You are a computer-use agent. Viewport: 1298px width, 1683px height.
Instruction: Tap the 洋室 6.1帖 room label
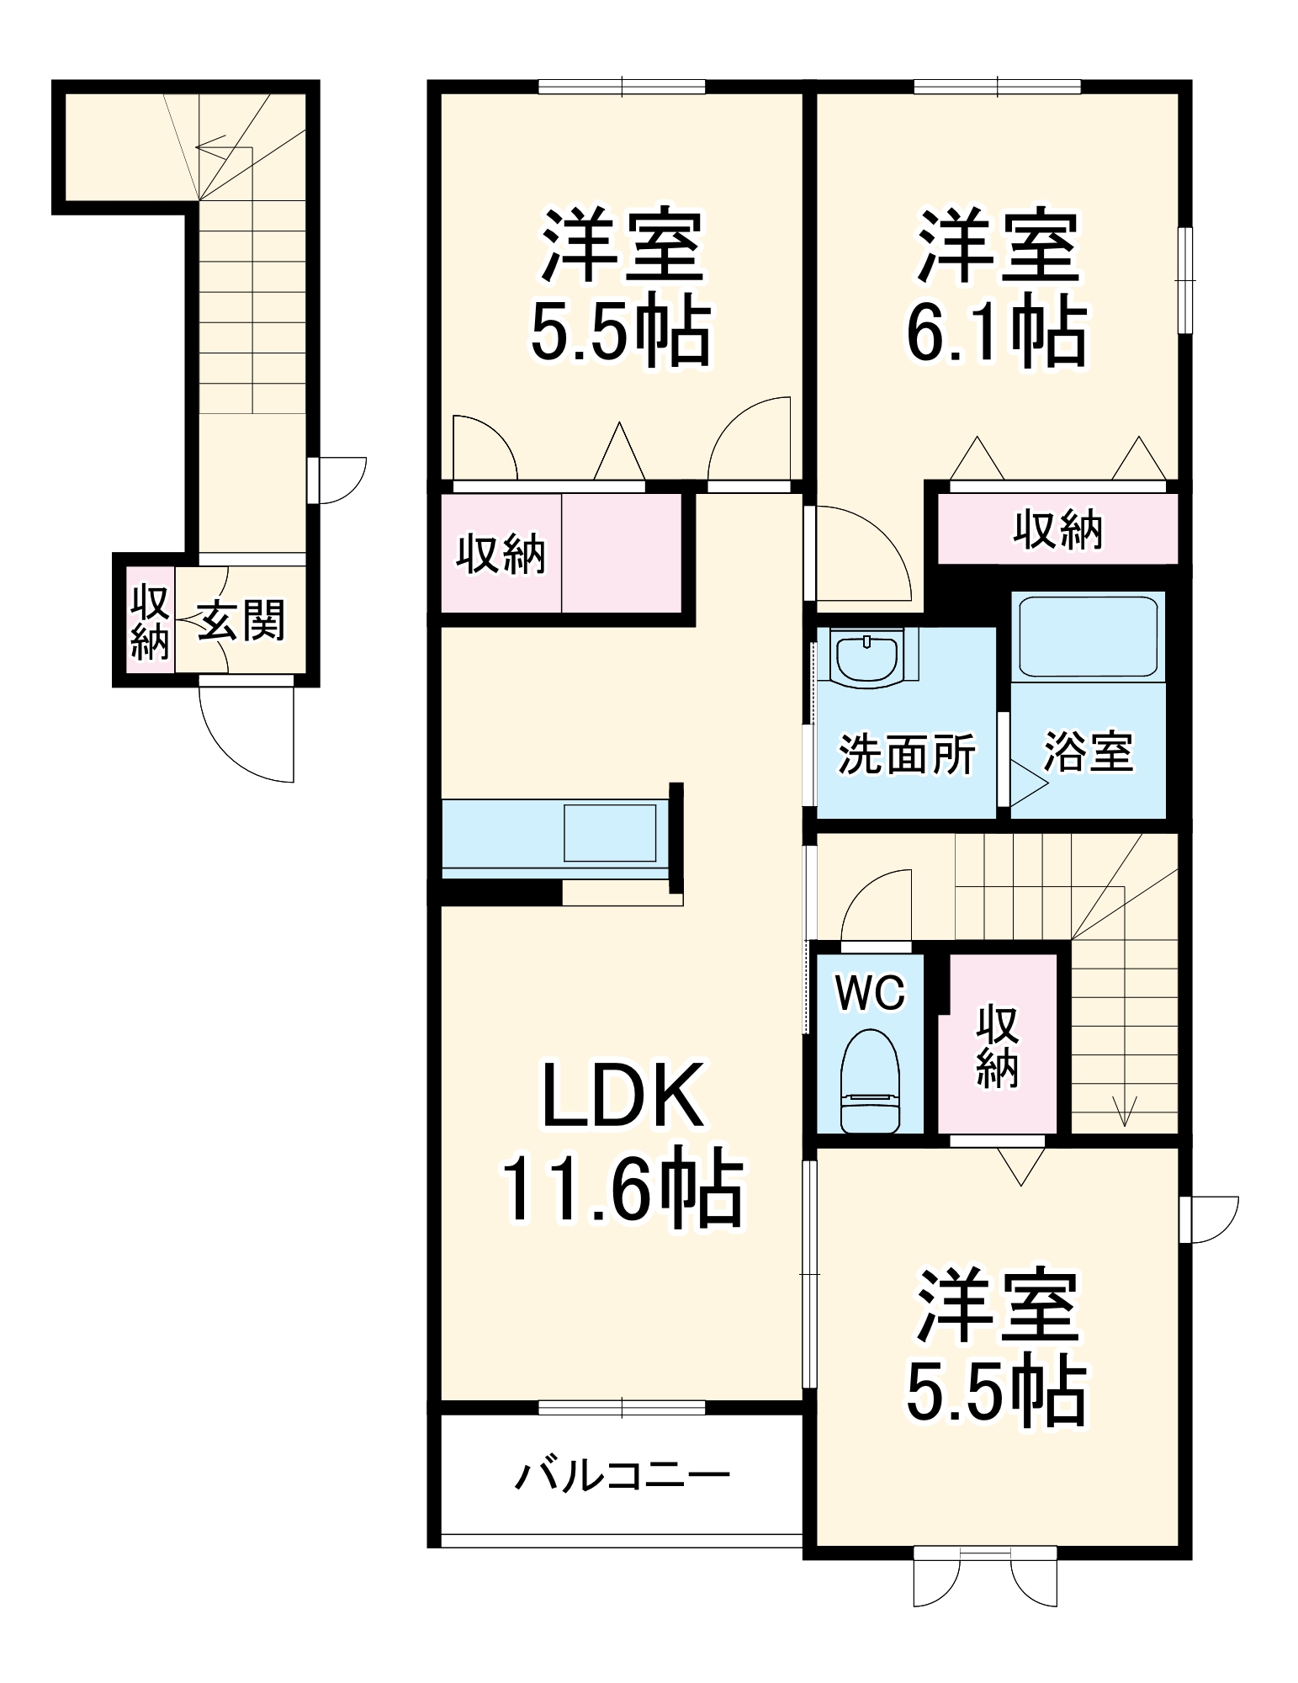tap(996, 287)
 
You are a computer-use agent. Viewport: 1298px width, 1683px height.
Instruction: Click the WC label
tap(870, 993)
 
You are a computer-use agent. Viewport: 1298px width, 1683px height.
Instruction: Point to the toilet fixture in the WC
tap(871, 1081)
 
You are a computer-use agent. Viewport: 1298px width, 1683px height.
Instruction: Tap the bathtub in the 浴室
tap(1087, 636)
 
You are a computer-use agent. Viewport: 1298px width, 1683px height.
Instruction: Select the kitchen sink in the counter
tap(609, 833)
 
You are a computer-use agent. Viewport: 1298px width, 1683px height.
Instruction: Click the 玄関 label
tap(241, 620)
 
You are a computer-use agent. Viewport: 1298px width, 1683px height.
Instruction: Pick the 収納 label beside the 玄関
tap(150, 622)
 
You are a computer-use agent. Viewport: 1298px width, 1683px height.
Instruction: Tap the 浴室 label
tap(1089, 751)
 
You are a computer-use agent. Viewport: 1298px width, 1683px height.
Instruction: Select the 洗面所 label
tap(907, 754)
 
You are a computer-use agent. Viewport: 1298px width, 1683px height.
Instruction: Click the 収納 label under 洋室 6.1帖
tap(1057, 529)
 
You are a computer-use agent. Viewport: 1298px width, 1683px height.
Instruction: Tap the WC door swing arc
tap(875, 905)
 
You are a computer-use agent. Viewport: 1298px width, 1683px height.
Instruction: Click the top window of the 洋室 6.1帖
tap(997, 85)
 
